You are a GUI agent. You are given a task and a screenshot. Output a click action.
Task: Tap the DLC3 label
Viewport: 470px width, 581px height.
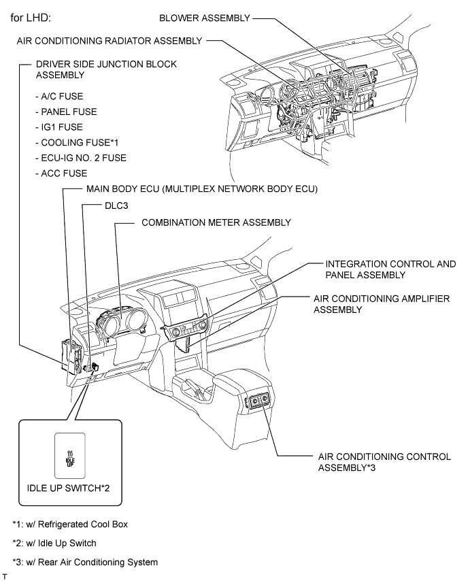tap(98, 205)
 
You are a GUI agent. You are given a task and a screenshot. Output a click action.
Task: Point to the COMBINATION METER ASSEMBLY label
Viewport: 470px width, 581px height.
tap(216, 222)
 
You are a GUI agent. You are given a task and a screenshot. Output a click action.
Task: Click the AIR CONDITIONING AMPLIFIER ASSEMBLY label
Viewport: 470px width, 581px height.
tap(381, 304)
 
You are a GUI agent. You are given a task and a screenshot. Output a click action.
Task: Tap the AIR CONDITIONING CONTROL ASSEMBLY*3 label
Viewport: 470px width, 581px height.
tap(384, 463)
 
